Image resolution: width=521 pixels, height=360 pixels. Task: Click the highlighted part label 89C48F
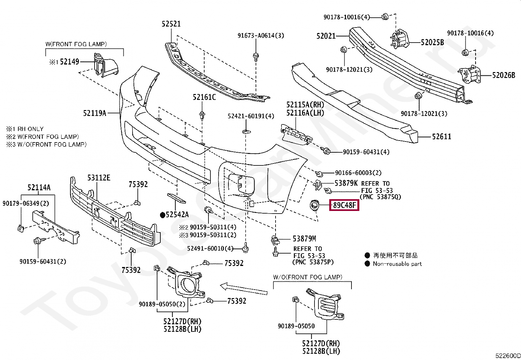[344, 206]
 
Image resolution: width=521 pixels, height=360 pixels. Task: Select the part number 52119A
[95, 113]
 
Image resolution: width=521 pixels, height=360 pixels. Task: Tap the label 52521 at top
[171, 24]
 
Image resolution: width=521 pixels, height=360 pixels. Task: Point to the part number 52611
[441, 137]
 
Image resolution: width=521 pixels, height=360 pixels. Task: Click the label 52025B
[432, 42]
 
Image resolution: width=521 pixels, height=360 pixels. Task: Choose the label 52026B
[504, 75]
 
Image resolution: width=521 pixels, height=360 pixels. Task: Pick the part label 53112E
[99, 178]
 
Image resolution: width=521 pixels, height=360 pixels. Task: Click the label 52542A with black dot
[174, 215]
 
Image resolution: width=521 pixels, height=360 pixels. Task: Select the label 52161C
[204, 97]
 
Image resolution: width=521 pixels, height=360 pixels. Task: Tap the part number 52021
[326, 36]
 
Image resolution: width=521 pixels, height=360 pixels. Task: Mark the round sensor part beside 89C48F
[314, 206]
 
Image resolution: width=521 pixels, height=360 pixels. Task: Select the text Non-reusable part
[397, 264]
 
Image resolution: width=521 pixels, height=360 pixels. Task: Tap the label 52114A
[39, 188]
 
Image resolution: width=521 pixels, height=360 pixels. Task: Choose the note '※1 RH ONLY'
[25, 129]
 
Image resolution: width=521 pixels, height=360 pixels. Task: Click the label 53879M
[304, 239]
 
